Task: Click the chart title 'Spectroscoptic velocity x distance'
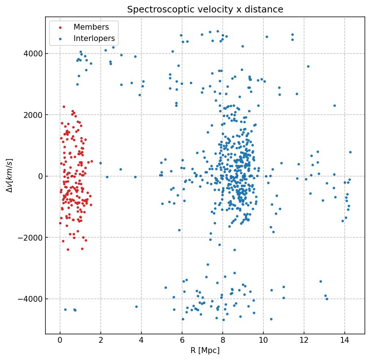click(x=205, y=10)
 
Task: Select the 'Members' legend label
click(x=91, y=27)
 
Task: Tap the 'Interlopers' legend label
click(x=94, y=38)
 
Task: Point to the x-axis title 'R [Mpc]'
click(x=205, y=350)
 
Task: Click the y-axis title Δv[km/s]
click(x=10, y=175)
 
